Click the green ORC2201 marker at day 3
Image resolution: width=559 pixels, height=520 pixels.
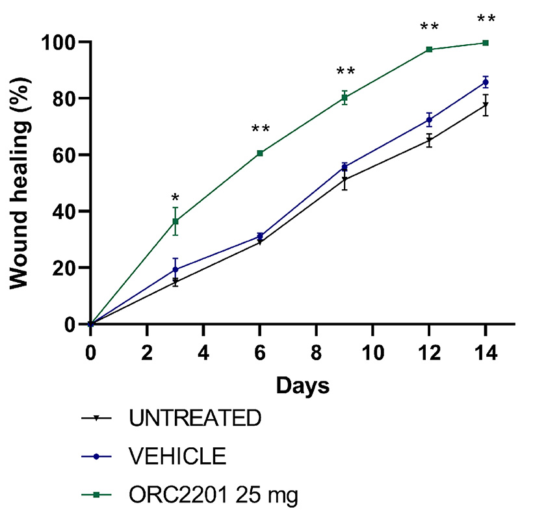coord(175,222)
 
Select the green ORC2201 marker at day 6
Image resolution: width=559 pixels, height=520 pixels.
coord(260,153)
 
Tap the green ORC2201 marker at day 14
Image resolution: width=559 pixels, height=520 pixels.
coord(486,43)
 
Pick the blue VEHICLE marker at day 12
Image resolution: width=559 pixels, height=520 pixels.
coord(429,120)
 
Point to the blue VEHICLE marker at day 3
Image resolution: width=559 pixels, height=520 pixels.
coord(175,269)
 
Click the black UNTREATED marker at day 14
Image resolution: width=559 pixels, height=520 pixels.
coord(486,105)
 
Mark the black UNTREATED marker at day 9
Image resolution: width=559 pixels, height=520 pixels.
coord(344,179)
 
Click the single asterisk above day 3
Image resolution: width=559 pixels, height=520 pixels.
coord(175,198)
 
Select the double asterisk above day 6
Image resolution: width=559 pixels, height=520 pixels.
coord(260,129)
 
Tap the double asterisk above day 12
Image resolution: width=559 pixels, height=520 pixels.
coord(429,27)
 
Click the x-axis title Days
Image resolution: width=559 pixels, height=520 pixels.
coord(302,385)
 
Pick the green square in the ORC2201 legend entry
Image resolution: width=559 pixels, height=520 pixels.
coord(96,495)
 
